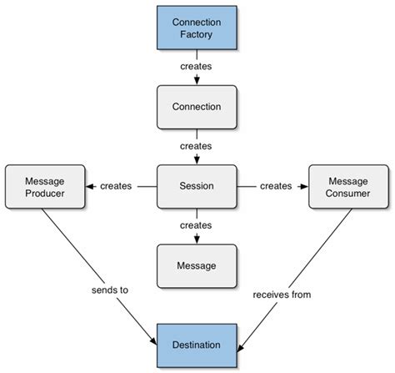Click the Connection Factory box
pos(197,27)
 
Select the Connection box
pos(197,107)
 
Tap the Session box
pos(197,186)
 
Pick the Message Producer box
pos(44,186)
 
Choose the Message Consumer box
pos(348,186)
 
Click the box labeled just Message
pos(197,265)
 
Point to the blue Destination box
pos(197,345)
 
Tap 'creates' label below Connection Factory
pos(197,65)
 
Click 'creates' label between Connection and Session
pos(197,145)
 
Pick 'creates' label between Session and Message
pos(197,225)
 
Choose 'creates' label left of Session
pos(116,186)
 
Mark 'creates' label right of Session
pos(276,186)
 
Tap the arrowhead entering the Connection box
pos(197,81)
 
